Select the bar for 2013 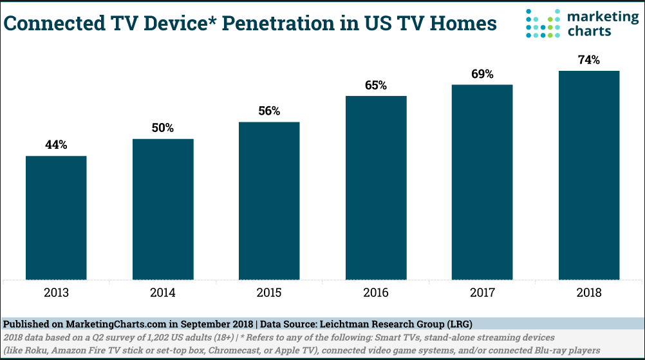(56, 217)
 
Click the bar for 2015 (269, 200)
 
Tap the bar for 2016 (376, 187)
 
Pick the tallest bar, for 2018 (589, 175)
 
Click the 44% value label (56, 145)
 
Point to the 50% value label (163, 128)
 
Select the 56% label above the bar (269, 111)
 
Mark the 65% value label (376, 85)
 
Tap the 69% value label (482, 74)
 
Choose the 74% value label (589, 60)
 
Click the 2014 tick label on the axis (163, 293)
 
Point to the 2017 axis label (482, 293)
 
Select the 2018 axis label (589, 293)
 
